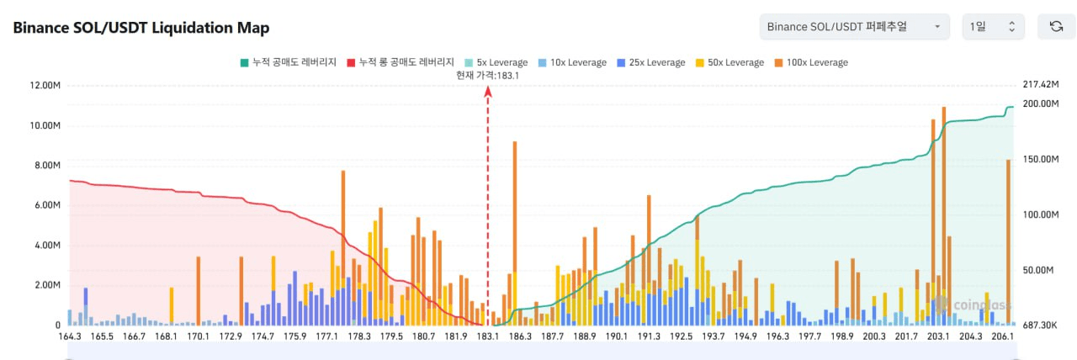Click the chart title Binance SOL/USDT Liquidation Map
pos(141,28)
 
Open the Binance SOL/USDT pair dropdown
pos(854,27)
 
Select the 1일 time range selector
pos(993,27)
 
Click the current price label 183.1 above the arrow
pos(487,75)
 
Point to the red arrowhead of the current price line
pos(488,92)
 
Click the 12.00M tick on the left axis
pos(45,86)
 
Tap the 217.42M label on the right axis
pos(1040,85)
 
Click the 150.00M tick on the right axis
pos(1040,159)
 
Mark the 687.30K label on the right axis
pos(1040,325)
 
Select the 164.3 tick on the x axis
pos(70,336)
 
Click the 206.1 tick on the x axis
pos(1002,336)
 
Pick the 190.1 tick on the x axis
pos(616,336)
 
